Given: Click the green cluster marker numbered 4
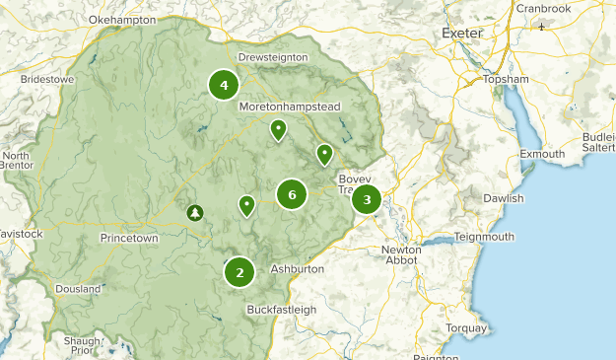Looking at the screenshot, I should (x=224, y=85).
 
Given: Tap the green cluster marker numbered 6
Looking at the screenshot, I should (x=292, y=194).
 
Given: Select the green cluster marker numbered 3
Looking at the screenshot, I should (x=367, y=200).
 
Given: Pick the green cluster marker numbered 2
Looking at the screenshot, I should (x=240, y=271).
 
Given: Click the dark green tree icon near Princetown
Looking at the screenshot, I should (x=195, y=212).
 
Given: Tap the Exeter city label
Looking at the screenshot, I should (x=462, y=33).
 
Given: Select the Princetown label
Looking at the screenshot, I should (x=129, y=239).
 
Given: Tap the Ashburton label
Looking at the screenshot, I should (x=297, y=268).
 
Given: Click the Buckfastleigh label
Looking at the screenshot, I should (x=281, y=309).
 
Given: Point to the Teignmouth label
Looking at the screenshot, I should (x=484, y=237).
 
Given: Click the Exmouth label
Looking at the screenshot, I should (x=542, y=154).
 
